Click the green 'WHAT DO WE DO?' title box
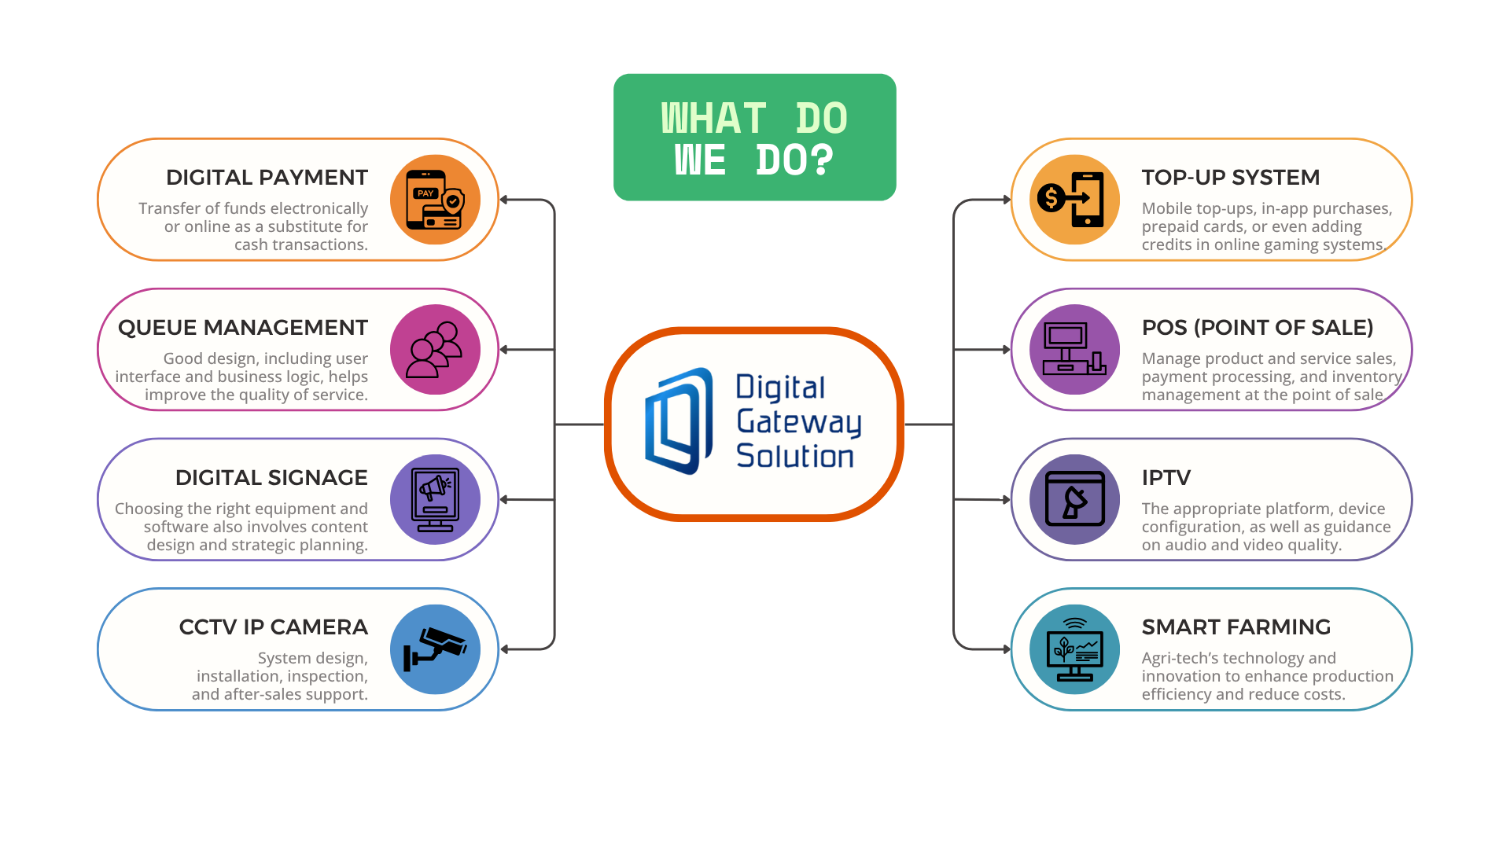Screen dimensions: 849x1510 tap(754, 138)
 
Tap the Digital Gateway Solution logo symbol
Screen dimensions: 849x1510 tap(678, 422)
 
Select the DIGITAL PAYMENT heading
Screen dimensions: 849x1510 tap(267, 178)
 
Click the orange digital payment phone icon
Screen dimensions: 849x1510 tap(435, 200)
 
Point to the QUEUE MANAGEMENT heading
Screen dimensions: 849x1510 tap(242, 328)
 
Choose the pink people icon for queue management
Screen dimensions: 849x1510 tap(435, 350)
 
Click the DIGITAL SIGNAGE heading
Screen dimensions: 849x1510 tap(271, 478)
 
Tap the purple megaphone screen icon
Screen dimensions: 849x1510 tap(435, 499)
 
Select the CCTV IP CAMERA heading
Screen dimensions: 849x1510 tap(273, 627)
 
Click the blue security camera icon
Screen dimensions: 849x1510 tap(435, 649)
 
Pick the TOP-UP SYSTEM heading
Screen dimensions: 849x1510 tap(1230, 178)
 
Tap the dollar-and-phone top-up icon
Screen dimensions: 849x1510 tap(1074, 200)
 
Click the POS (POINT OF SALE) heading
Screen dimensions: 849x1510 tap(1257, 328)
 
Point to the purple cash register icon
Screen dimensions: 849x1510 tap(1074, 350)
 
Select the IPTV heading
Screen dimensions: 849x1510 tap(1166, 478)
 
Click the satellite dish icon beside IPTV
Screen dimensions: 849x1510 tap(1074, 499)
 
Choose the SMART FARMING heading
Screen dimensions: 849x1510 tap(1236, 627)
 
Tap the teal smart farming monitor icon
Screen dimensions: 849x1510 tap(1074, 649)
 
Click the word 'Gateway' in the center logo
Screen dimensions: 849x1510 tap(798, 422)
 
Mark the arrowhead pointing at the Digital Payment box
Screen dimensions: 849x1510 tap(505, 200)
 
